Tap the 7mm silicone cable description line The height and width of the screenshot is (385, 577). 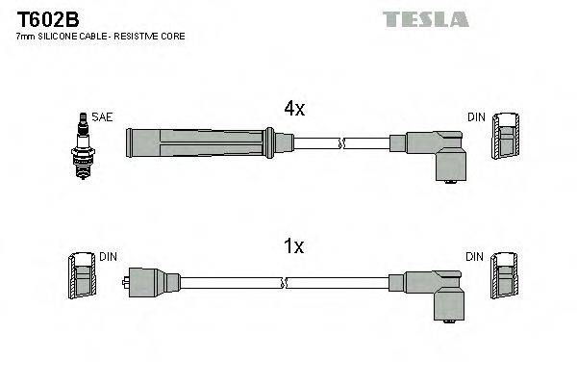101,37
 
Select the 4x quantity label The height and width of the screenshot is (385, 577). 293,109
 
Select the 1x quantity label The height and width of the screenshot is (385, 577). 293,247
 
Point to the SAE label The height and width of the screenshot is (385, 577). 103,117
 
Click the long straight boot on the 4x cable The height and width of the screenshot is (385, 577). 202,143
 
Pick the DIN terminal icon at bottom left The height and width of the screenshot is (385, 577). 82,278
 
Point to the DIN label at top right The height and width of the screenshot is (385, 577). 476,117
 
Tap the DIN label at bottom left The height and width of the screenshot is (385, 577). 109,257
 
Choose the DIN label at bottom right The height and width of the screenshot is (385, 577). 476,257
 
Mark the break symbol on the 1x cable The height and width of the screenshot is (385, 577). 286,283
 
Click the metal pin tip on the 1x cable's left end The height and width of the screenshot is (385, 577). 127,282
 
